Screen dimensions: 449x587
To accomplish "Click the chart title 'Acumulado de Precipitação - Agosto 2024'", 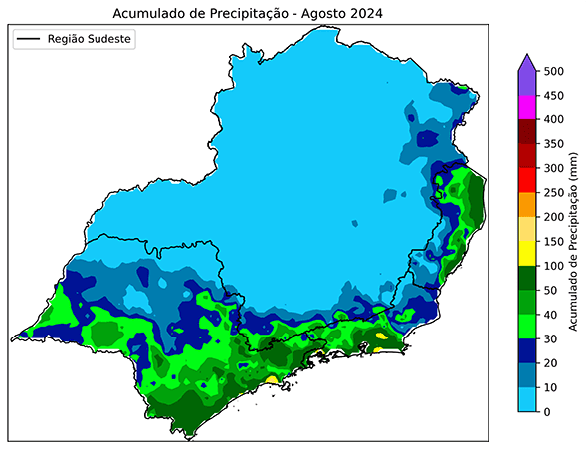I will tap(248, 13).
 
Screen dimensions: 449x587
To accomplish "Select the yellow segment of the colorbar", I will tap(529, 253).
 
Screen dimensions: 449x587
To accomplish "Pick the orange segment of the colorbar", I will tap(529, 204).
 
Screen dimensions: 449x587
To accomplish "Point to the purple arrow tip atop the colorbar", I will tap(529, 63).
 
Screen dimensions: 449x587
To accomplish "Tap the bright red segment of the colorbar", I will tap(529, 180).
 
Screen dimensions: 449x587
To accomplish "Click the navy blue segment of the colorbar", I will tap(529, 350).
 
